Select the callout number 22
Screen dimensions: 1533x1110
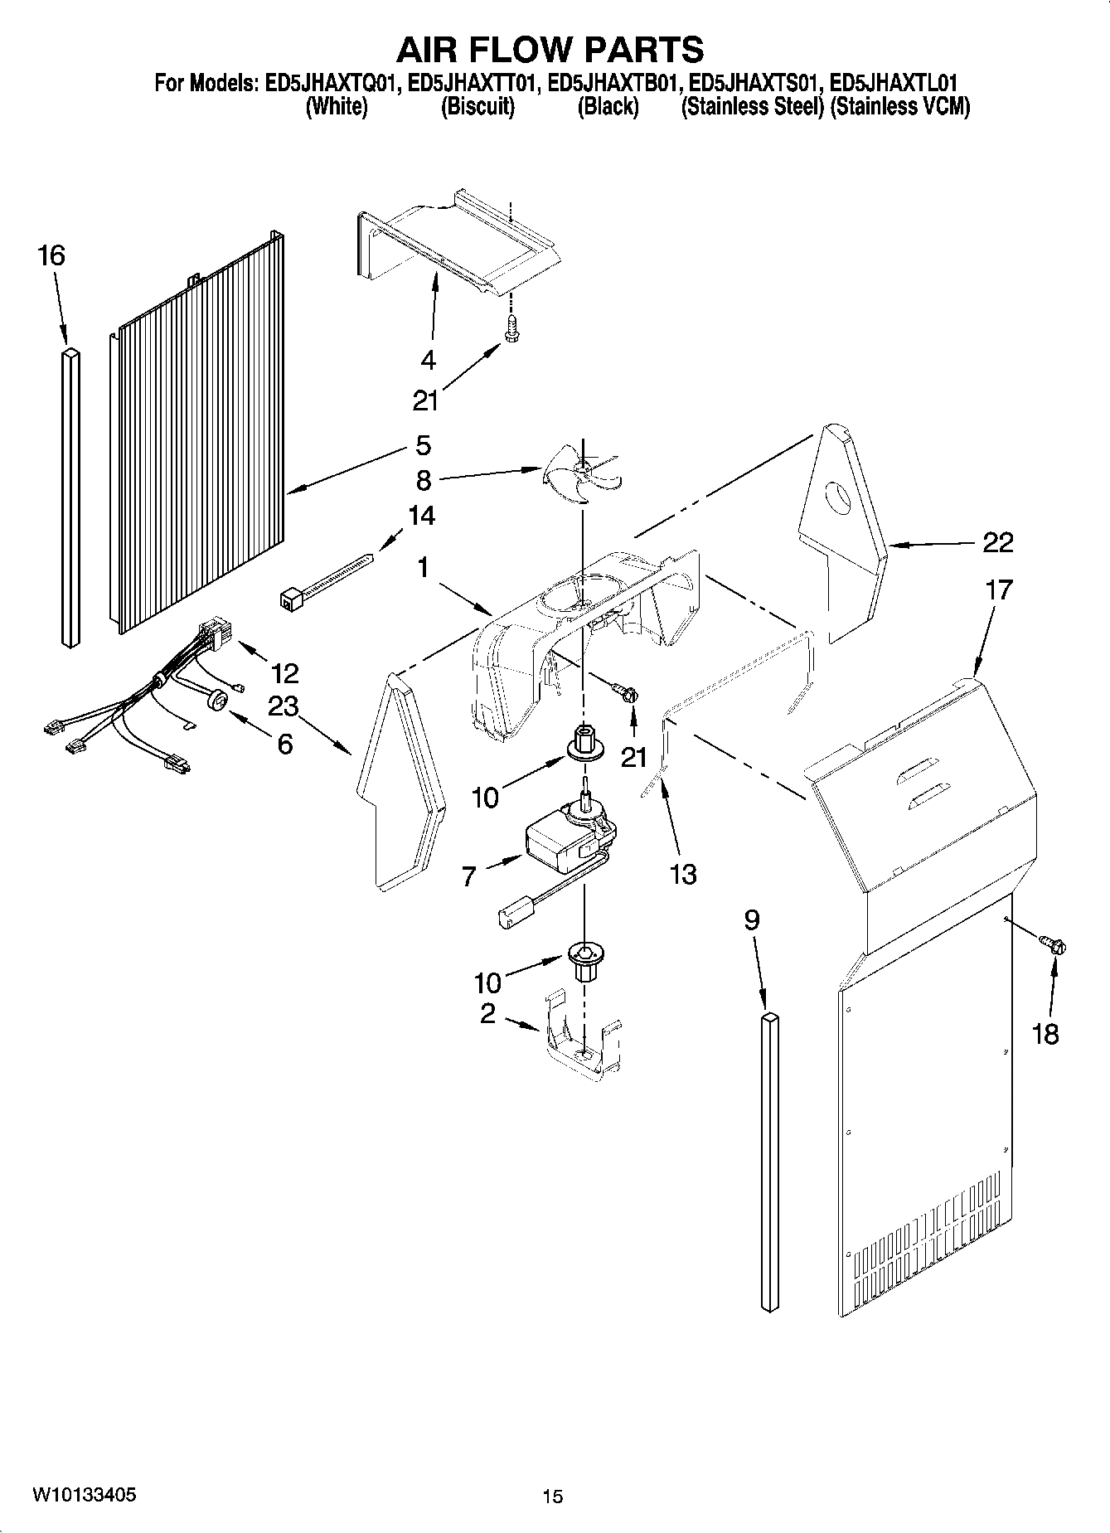[997, 543]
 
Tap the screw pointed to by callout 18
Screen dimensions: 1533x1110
[1054, 944]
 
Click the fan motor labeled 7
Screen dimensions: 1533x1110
[568, 843]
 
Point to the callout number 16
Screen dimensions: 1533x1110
[51, 255]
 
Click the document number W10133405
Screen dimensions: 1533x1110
[85, 1495]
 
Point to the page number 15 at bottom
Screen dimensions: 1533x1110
[553, 1497]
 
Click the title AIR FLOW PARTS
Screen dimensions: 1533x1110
[550, 50]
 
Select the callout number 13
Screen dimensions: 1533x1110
[683, 874]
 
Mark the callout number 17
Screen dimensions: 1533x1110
[999, 590]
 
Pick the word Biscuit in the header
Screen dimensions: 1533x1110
[477, 106]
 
